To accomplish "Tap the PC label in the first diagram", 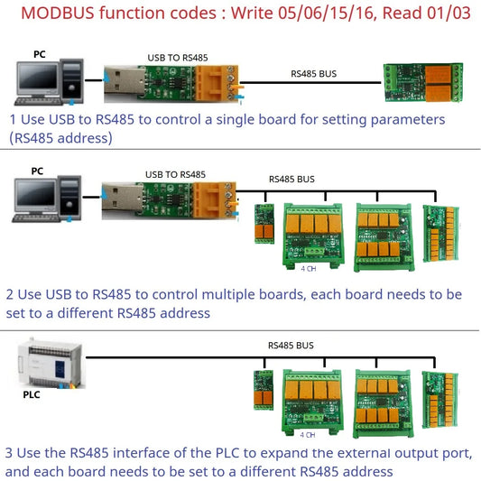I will click(40, 54).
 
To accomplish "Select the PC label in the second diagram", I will click(37, 171).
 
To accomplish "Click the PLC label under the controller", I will click(31, 394).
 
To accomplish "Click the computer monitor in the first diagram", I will click(37, 78).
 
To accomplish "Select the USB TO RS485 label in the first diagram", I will click(176, 58).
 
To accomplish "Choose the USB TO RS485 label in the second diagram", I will click(175, 174).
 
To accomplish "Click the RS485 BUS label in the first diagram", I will click(314, 72).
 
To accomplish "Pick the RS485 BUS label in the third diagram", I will click(291, 346).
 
